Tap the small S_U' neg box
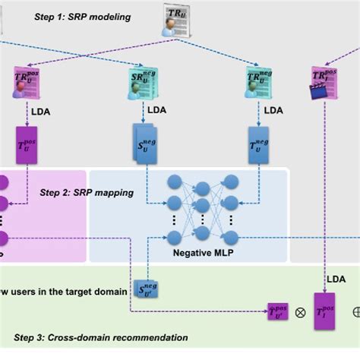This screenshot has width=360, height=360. pyautogui.click(x=146, y=288)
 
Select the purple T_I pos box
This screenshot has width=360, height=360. pyautogui.click(x=324, y=311)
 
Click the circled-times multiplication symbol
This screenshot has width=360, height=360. pyautogui.click(x=300, y=312)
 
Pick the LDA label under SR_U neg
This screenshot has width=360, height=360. pyautogui.click(x=157, y=110)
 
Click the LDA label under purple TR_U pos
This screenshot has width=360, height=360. pyautogui.click(x=41, y=111)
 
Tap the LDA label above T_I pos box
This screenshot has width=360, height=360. pyautogui.click(x=336, y=279)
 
